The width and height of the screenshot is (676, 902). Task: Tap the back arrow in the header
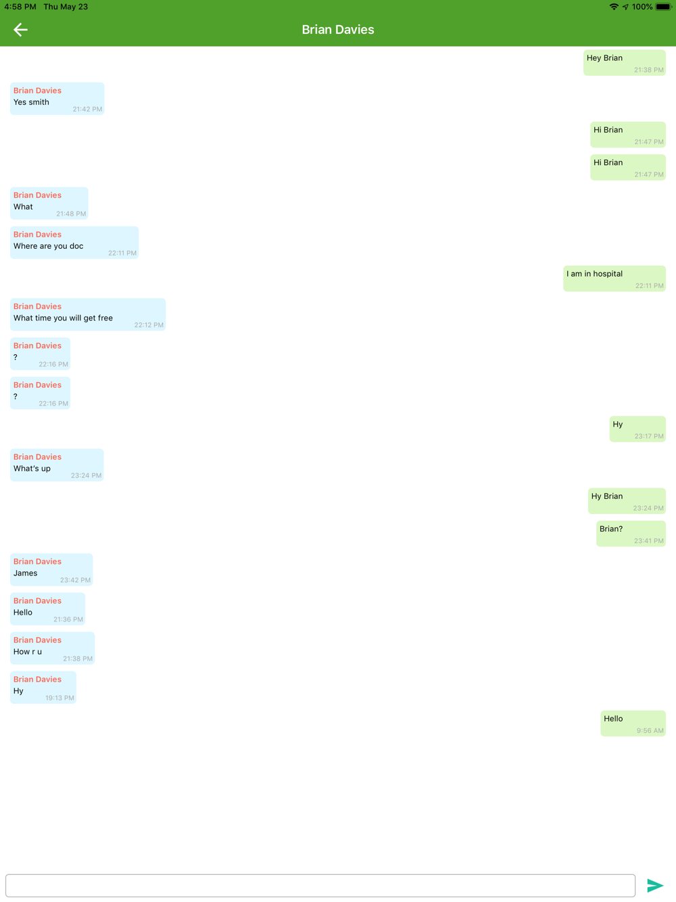pos(20,29)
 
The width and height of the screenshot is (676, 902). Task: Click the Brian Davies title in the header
pos(338,30)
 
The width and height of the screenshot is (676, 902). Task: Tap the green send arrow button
pos(654,885)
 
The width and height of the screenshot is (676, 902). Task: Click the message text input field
pos(320,885)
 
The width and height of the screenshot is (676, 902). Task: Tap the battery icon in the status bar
pos(662,7)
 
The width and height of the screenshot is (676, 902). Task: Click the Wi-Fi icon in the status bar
pos(614,7)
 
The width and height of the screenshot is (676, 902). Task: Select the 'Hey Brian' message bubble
pos(624,63)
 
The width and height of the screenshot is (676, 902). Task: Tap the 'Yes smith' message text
pos(32,102)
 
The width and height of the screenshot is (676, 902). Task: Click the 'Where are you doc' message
pos(49,246)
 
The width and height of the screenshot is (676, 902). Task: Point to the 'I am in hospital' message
pos(595,274)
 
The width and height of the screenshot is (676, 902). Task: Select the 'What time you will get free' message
pos(64,318)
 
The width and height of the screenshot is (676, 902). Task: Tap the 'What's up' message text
pos(32,469)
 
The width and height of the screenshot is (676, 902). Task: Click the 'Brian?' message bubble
pos(630,533)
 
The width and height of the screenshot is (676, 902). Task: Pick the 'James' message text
pos(26,573)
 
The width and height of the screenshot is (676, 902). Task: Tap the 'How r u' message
pos(28,652)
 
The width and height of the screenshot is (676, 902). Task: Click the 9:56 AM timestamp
pos(650,731)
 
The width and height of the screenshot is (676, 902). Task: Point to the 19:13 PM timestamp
pos(59,698)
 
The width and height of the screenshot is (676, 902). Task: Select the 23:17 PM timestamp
pos(649,436)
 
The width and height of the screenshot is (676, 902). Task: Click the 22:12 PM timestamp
pos(149,325)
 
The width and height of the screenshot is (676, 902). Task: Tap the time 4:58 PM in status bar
pos(20,7)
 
